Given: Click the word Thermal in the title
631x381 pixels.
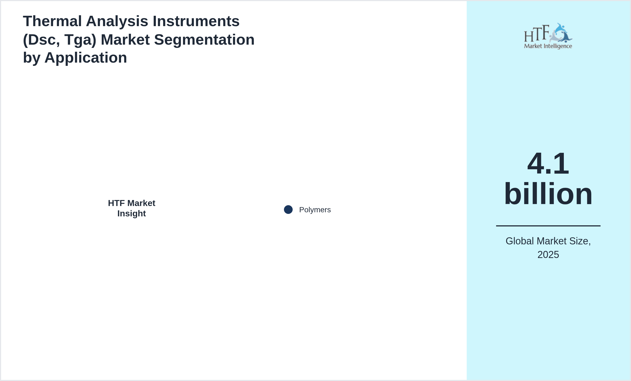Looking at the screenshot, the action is coord(52,21).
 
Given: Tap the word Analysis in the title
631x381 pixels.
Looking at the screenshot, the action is coord(117,21).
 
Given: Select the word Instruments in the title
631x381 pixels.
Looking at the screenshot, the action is coord(196,21).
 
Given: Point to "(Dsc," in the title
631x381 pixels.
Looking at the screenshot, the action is coord(41,40).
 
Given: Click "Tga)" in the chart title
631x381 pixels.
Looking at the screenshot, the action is coord(81,40).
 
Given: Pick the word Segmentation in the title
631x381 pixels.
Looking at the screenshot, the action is coord(204,40).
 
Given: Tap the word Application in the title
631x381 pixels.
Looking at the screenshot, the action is coord(86,58).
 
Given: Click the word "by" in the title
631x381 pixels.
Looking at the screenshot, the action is coord(32,58).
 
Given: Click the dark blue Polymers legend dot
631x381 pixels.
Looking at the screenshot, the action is coord(288,210).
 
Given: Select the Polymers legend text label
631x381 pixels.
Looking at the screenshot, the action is coord(315,210).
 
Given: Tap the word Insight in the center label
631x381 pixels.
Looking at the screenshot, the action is coord(132,213).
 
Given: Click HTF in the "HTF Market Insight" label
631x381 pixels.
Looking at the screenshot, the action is coord(116,203).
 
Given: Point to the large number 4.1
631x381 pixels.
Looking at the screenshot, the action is coord(548,163).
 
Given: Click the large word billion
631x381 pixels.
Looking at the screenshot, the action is coord(548,194).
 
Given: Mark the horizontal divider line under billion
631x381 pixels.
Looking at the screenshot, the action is coord(548,226).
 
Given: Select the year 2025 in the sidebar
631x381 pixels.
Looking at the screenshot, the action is coord(548,255).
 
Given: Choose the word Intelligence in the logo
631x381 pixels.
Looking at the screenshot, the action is coord(558,46).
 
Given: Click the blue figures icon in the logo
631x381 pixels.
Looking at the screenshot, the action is coord(561,33).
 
